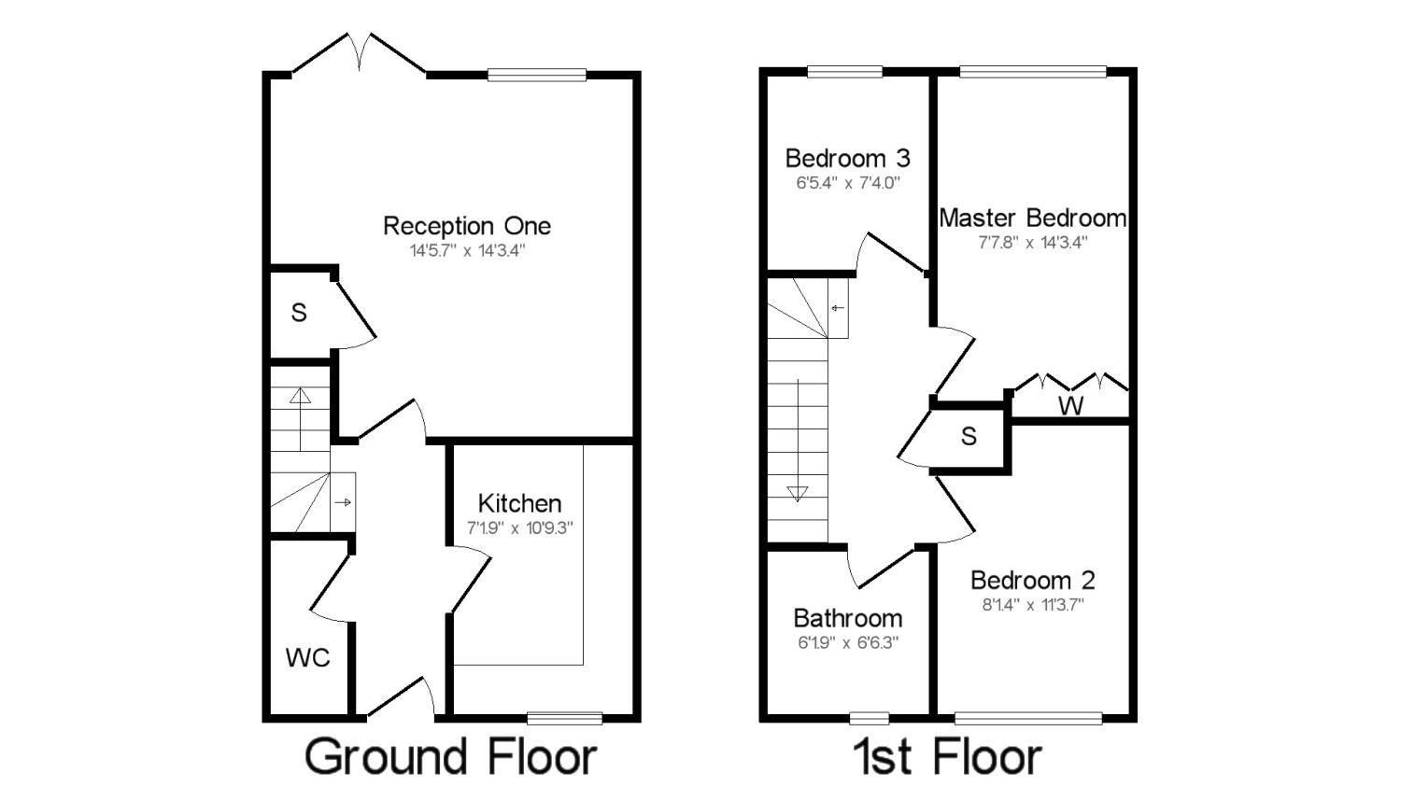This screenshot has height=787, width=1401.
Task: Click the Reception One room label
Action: click(467, 226)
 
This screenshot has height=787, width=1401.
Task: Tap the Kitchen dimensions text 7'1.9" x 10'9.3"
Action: click(519, 528)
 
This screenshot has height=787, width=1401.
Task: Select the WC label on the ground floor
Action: click(307, 657)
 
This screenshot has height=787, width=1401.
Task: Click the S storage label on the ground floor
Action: click(299, 313)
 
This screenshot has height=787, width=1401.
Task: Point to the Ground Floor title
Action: click(450, 758)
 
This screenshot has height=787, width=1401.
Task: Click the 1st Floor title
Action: click(948, 758)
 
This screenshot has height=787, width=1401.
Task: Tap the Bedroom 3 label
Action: click(847, 158)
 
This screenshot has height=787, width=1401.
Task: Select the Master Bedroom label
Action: click(1033, 218)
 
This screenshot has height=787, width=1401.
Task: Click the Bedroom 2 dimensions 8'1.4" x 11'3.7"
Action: click(1033, 605)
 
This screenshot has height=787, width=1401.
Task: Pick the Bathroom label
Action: click(847, 618)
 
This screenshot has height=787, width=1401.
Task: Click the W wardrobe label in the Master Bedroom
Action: click(1070, 406)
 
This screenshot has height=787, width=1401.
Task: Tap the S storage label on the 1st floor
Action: click(969, 436)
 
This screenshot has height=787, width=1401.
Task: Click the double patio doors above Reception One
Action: click(360, 54)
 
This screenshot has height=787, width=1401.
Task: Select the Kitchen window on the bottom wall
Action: click(565, 718)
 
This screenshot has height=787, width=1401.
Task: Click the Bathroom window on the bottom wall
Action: click(870, 718)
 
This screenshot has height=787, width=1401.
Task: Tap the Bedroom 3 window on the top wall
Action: click(845, 72)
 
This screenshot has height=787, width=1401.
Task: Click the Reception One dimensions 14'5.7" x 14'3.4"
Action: click(467, 251)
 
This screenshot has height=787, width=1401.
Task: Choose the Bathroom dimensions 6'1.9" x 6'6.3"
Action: click(847, 642)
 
